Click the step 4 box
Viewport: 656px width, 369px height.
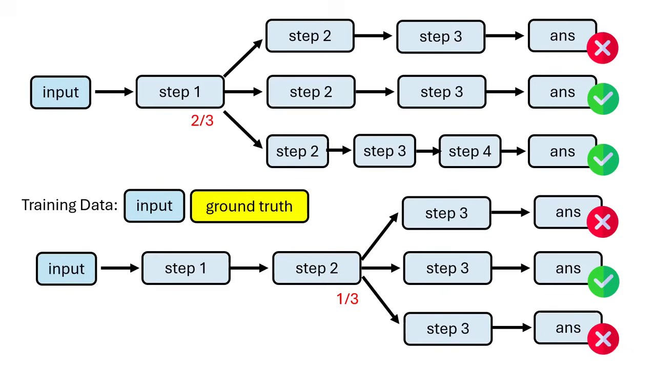[x=469, y=151]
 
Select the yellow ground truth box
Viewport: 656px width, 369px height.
[x=249, y=206]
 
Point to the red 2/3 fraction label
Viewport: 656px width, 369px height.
[x=202, y=120]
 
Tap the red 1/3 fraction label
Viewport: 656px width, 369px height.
[x=347, y=299]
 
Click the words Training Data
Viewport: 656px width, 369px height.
[x=69, y=205]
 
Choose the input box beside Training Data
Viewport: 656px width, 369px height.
[x=154, y=206]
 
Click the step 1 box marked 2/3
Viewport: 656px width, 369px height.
[x=180, y=92]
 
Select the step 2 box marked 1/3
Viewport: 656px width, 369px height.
[x=316, y=268]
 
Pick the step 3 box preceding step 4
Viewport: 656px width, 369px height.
[x=384, y=151]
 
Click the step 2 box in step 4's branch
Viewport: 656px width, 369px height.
[x=297, y=151]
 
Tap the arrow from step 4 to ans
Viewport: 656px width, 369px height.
[x=514, y=151]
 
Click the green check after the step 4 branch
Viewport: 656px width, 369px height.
[x=603, y=159]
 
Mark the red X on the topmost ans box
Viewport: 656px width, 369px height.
[x=603, y=48]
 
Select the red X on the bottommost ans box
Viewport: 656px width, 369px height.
[x=603, y=339]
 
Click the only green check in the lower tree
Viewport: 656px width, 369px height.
[x=603, y=281]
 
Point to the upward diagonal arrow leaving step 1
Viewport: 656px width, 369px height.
[x=243, y=57]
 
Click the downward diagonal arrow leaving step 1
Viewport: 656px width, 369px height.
[x=243, y=129]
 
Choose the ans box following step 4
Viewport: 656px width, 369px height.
[x=562, y=151]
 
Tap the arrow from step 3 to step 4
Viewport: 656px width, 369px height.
[x=427, y=151]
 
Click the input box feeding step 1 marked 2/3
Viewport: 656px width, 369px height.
[x=60, y=92]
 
